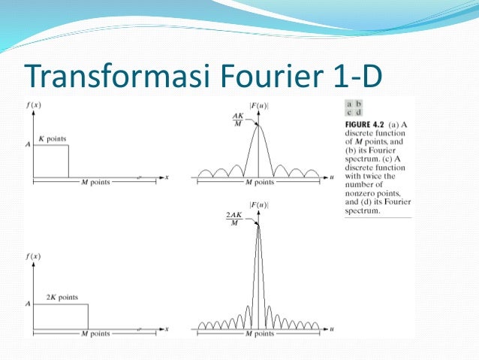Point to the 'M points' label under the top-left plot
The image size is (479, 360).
[95, 183]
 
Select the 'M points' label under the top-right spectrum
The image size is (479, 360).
[259, 183]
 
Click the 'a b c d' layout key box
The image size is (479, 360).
[353, 108]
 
